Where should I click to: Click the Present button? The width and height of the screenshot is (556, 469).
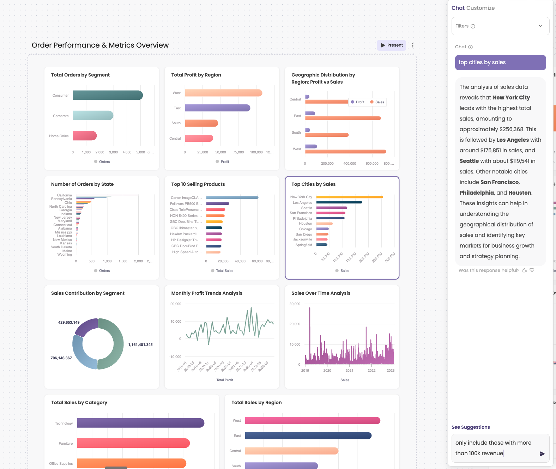[x=391, y=45]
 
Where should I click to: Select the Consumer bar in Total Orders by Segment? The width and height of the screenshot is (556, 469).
[x=108, y=95]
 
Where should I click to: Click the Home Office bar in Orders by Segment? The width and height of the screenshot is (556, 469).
[x=85, y=136]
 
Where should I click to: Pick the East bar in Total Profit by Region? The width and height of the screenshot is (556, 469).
[x=217, y=108]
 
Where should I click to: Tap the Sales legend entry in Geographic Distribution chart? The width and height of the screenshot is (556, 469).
[x=377, y=102]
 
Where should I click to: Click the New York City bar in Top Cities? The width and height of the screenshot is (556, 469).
[x=349, y=197]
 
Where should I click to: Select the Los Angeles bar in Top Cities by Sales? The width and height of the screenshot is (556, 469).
[x=339, y=202]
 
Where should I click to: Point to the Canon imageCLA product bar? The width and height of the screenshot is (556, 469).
[x=232, y=197]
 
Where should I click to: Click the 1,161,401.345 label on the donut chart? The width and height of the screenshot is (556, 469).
[x=140, y=345]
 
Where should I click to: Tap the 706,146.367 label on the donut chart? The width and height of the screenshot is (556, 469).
[x=61, y=358]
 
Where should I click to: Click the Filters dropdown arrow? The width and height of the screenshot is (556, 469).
[x=540, y=26]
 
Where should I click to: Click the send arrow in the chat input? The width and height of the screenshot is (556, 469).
[x=542, y=454]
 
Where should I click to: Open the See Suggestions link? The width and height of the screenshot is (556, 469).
[x=470, y=427]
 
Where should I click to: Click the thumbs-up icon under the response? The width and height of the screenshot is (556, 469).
[x=525, y=270]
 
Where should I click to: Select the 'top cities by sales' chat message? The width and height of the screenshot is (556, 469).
[x=500, y=62]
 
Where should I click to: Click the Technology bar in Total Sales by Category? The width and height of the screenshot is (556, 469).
[x=140, y=423]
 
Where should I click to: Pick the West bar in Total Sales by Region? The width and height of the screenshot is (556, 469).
[x=312, y=421]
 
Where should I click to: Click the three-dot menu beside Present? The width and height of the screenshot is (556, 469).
[x=413, y=45]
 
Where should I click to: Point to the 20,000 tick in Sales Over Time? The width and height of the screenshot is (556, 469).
[x=295, y=324]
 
